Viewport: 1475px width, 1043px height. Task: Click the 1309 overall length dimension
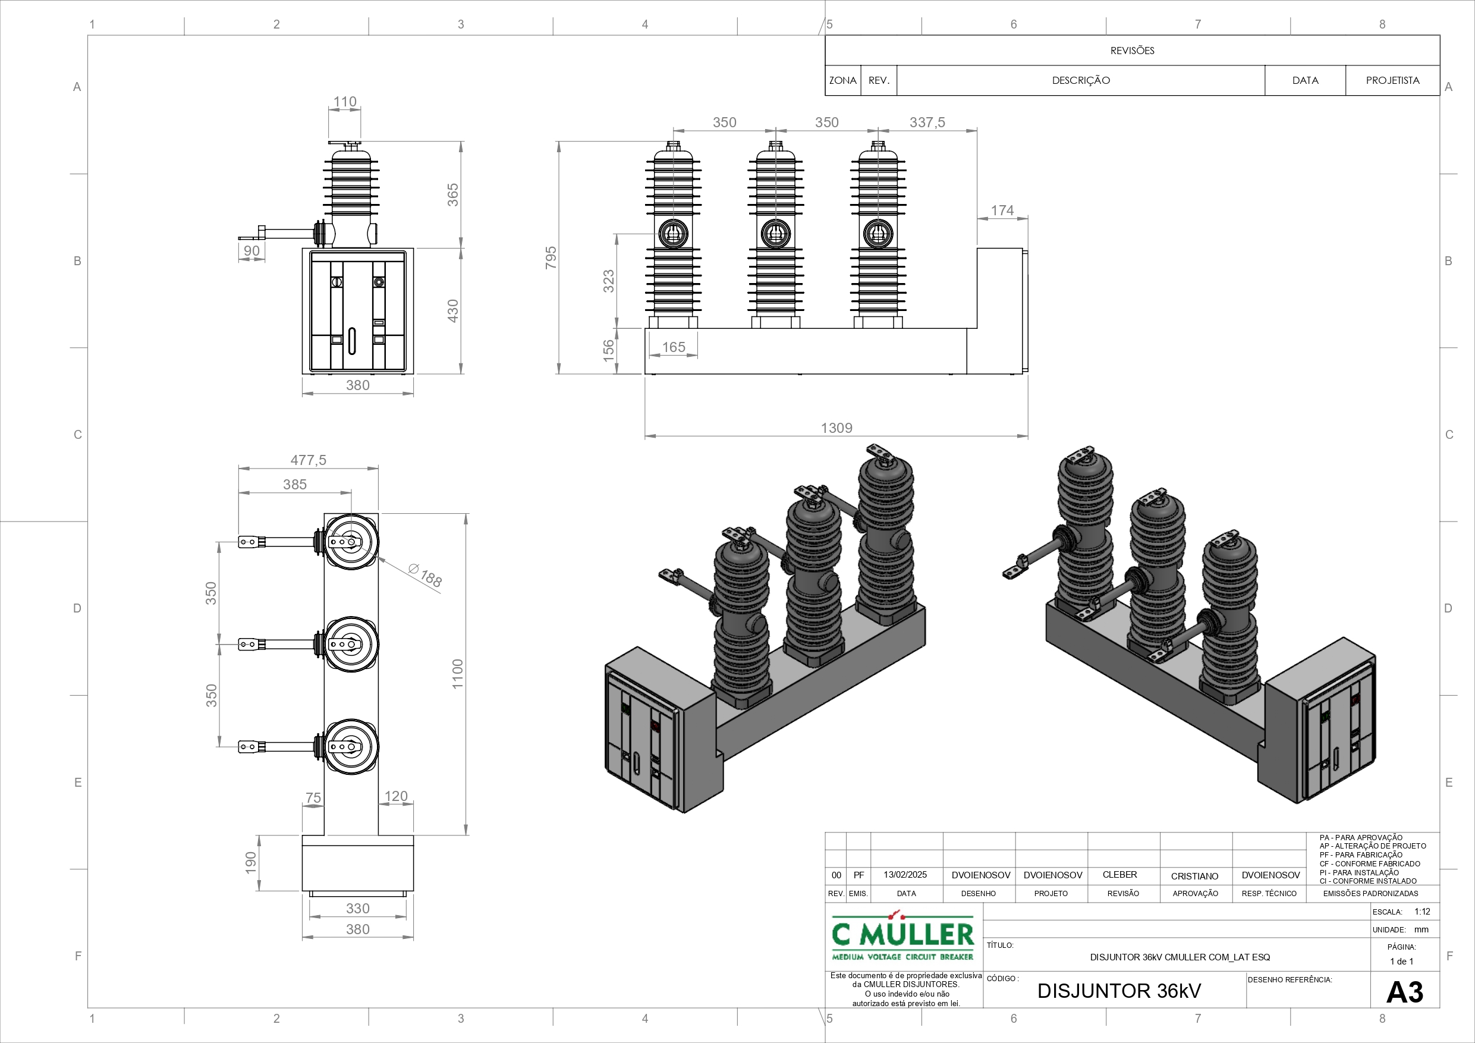(836, 428)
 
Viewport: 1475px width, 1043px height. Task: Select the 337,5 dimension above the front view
(927, 122)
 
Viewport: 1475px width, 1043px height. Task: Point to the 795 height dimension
(551, 257)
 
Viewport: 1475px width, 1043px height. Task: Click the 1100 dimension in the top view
(457, 674)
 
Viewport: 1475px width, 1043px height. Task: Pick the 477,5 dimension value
(309, 460)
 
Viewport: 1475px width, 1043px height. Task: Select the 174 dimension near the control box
(1002, 210)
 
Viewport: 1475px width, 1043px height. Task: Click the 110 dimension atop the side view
(345, 102)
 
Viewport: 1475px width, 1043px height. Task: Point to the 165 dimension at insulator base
(673, 347)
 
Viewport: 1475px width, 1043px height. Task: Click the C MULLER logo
(902, 937)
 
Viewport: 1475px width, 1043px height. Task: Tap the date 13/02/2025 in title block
(905, 875)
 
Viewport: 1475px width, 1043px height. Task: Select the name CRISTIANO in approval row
(1194, 876)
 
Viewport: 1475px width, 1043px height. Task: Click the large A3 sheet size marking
(1404, 992)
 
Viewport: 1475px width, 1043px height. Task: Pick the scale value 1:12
(1422, 911)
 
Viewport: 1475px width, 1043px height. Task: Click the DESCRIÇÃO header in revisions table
(1081, 80)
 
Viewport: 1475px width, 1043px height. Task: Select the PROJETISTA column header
(1392, 80)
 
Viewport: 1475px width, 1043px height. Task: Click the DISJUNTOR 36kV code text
(1118, 991)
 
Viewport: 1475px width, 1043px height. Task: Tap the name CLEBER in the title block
(1119, 875)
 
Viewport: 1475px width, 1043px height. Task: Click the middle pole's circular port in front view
(775, 233)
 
